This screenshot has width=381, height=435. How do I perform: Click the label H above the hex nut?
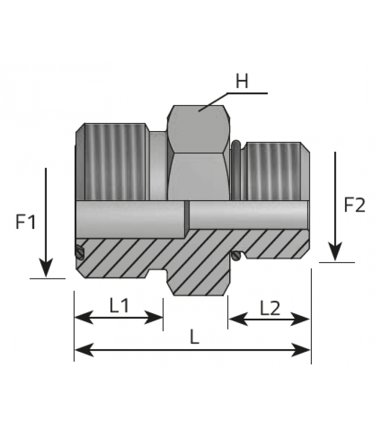click(242, 80)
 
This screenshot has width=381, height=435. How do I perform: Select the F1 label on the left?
click(26, 222)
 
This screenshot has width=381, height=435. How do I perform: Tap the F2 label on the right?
click(355, 205)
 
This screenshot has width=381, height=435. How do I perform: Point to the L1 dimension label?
click(119, 305)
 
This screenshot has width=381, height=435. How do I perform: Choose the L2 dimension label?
click(270, 308)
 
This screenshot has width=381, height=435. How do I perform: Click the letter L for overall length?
click(195, 337)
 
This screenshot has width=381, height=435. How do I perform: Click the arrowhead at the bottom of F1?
click(46, 268)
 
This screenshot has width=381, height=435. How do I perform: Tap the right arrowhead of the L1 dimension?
click(153, 318)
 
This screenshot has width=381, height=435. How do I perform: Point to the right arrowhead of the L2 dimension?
click(300, 319)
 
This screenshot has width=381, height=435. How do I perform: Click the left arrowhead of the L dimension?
click(84, 350)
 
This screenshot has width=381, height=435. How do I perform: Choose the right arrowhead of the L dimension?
click(300, 350)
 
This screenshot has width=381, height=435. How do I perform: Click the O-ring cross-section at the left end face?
click(79, 252)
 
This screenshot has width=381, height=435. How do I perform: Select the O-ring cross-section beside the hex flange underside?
click(236, 256)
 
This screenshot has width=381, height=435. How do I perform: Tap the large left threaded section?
click(115, 161)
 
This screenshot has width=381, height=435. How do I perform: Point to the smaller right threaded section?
click(274, 171)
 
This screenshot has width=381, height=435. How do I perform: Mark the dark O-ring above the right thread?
click(237, 170)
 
